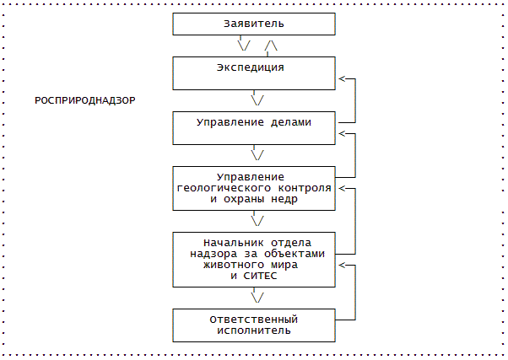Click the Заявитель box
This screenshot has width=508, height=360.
tap(254, 23)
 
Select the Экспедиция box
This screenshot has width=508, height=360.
tap(254, 73)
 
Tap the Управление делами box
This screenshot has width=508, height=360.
tap(254, 127)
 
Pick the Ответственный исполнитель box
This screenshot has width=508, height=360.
tap(254, 325)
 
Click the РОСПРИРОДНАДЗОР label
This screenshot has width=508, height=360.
tap(85, 100)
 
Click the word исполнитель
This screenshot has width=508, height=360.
tap(254, 330)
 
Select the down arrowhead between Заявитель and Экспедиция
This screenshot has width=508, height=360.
tap(244, 46)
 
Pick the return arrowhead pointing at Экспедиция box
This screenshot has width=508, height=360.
tap(343, 79)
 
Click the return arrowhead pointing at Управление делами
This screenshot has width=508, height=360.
tap(343, 133)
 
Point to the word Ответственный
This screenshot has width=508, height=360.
tap(254, 320)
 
